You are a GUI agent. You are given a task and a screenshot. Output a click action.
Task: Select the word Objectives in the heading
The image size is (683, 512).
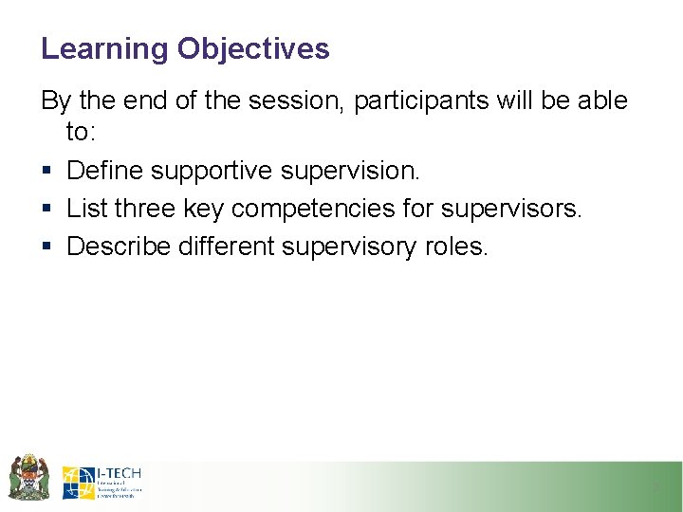coord(253,49)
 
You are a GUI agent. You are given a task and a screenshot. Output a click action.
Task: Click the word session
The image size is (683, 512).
coord(294,101)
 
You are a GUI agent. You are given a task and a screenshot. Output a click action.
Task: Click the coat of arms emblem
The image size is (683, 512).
coord(28,477)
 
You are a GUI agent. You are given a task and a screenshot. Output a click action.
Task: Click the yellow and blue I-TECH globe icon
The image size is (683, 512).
coord(78,483)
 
